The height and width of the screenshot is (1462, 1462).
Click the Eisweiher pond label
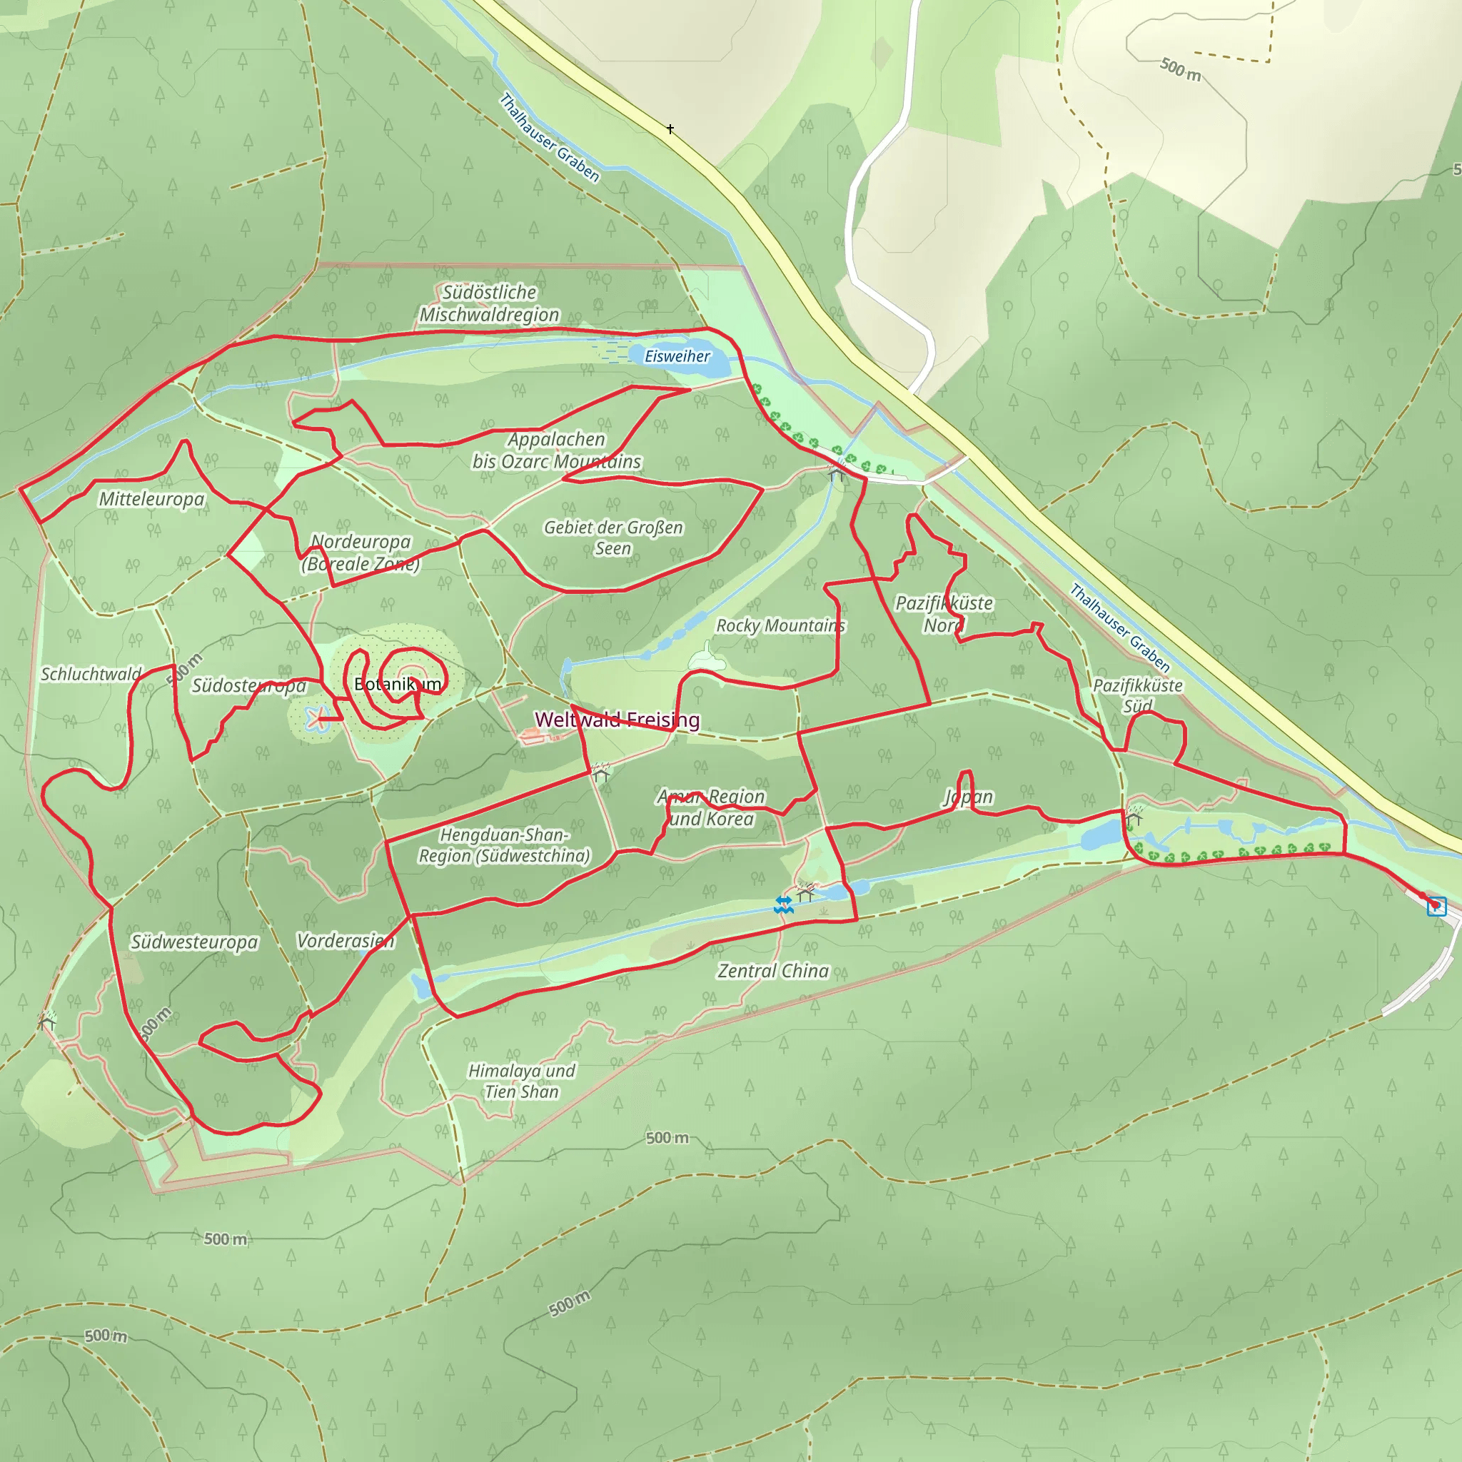click(677, 356)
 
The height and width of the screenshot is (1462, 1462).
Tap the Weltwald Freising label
click(617, 719)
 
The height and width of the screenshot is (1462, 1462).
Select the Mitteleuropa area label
click(151, 499)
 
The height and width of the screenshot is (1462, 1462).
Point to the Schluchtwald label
click(91, 673)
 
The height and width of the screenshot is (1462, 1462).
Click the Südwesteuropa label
click(193, 942)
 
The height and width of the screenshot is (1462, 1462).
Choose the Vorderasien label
click(345, 940)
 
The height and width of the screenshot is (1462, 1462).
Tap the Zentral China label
click(772, 970)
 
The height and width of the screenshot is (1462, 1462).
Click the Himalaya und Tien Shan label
click(521, 1081)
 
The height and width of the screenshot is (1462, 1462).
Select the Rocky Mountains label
click(780, 625)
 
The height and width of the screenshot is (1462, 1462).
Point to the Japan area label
click(968, 796)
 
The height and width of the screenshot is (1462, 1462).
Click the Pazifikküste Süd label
click(1137, 695)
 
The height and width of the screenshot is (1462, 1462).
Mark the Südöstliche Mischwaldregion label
click(490, 303)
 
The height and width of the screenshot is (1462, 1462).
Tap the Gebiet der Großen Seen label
click(613, 538)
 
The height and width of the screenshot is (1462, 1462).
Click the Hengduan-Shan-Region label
click(504, 845)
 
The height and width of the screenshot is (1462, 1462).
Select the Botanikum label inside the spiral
click(398, 684)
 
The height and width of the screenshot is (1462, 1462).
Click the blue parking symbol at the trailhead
click(1436, 906)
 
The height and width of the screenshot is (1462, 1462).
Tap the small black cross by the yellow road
click(670, 129)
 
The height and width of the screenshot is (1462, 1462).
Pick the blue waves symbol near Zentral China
click(784, 904)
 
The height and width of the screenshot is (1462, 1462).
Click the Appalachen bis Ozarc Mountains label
click(556, 450)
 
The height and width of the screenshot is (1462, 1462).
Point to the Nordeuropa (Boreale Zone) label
click(361, 552)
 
